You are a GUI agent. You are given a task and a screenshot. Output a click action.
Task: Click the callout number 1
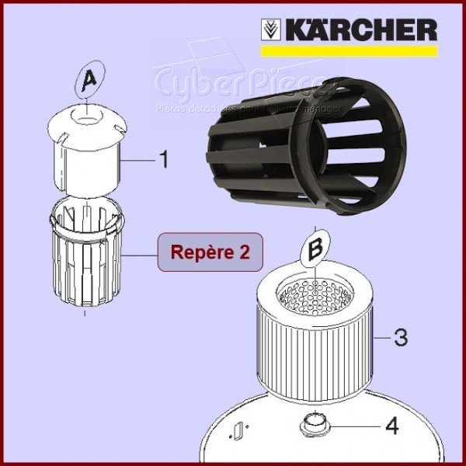click(163, 160)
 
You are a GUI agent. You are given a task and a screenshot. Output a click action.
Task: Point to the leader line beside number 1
click(135, 159)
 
